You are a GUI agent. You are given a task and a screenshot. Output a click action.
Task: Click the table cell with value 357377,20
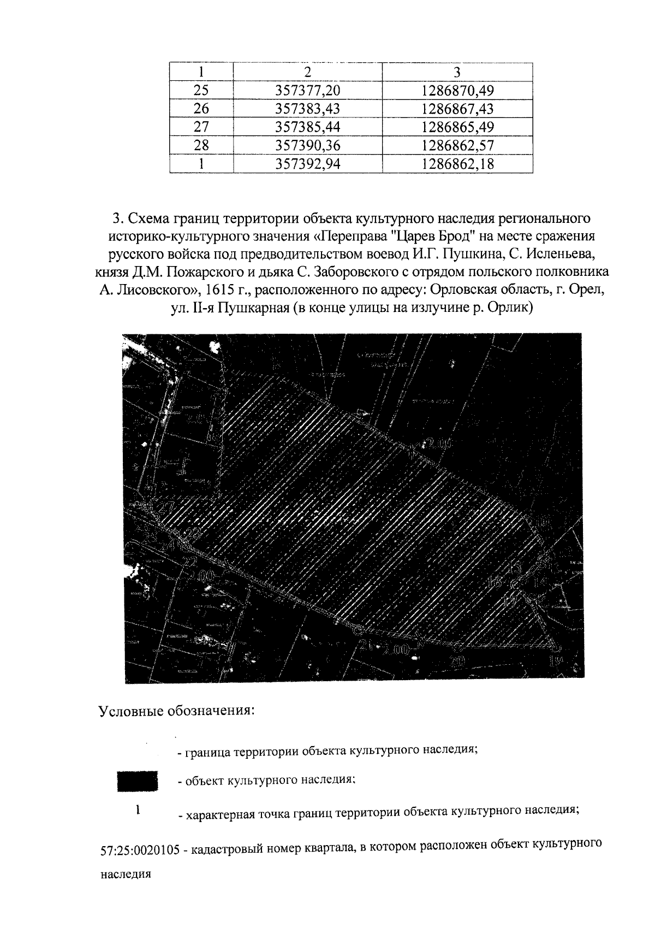(x=308, y=90)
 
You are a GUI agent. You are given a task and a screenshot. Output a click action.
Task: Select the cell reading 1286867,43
(x=457, y=109)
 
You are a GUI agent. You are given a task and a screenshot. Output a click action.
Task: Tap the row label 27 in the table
(x=201, y=127)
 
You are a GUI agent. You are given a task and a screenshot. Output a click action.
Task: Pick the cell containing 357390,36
(x=308, y=146)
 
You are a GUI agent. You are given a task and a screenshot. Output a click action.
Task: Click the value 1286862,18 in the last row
(x=457, y=164)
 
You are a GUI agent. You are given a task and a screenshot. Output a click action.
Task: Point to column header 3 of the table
(x=457, y=72)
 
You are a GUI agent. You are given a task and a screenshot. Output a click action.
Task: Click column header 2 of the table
(x=308, y=72)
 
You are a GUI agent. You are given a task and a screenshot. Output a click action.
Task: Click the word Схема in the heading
(x=146, y=219)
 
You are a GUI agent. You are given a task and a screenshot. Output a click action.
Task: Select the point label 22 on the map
(x=190, y=562)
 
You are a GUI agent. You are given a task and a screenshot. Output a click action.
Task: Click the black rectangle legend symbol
(x=138, y=781)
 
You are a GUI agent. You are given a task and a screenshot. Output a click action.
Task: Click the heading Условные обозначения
(x=176, y=711)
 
